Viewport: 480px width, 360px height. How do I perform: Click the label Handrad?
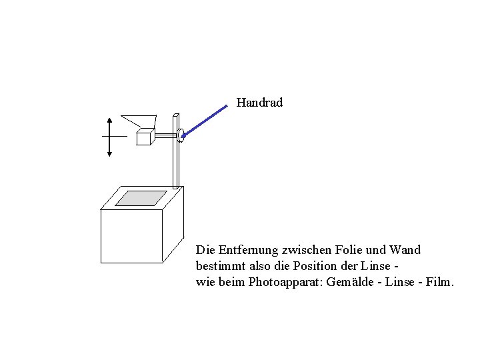tap(259, 103)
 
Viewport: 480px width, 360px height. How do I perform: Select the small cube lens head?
tap(144, 137)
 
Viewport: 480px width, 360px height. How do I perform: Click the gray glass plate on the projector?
tap(141, 198)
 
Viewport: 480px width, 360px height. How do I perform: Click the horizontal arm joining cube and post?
tap(165, 136)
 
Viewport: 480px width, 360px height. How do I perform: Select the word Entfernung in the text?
tap(246, 250)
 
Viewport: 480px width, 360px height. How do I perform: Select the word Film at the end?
tap(439, 282)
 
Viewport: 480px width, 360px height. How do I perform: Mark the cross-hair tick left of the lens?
tap(113, 135)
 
